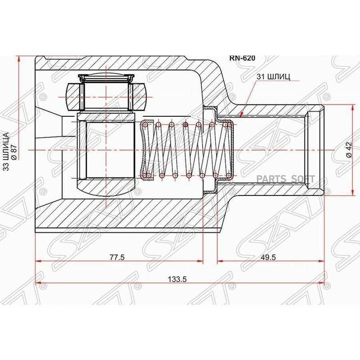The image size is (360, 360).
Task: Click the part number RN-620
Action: pyautogui.click(x=242, y=58)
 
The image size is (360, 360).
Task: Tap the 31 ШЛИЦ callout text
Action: pyautogui.click(x=273, y=76)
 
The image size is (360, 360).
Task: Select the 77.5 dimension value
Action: pyautogui.click(x=117, y=257)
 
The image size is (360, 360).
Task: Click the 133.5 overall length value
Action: pyautogui.click(x=177, y=279)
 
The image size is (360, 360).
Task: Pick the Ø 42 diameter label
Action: pyautogui.click(x=349, y=149)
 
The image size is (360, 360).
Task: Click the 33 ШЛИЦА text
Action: pyautogui.click(x=6, y=151)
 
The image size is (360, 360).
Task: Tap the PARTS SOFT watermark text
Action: pyautogui.click(x=285, y=179)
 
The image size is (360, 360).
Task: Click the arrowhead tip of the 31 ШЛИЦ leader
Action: pyautogui.click(x=240, y=117)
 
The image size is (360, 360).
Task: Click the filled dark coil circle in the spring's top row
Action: pyautogui.click(x=186, y=124)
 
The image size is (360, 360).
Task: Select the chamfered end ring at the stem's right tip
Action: pyautogui.click(x=316, y=150)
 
